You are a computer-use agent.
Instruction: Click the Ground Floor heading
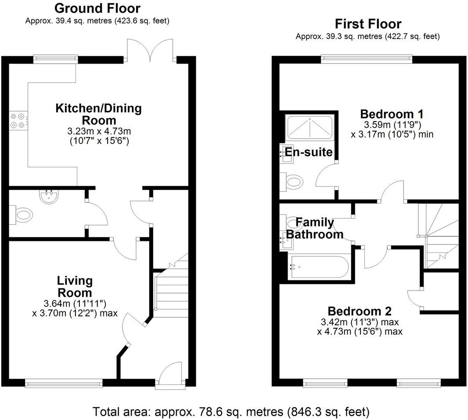[97, 8]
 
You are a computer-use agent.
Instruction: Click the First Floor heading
[368, 23]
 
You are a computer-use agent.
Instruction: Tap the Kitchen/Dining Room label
[98, 114]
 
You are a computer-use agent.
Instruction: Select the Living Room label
[74, 287]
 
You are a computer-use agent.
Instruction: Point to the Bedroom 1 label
[392, 114]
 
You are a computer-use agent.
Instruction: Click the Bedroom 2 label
[360, 311]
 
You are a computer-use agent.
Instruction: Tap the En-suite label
[309, 152]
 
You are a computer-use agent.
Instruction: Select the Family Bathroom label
[314, 228]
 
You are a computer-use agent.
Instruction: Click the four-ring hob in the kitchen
[18, 120]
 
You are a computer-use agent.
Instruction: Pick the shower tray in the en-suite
[310, 127]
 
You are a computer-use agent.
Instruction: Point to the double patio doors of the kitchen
[150, 50]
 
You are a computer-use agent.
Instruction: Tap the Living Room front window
[64, 383]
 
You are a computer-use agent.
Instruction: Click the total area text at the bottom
[231, 411]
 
